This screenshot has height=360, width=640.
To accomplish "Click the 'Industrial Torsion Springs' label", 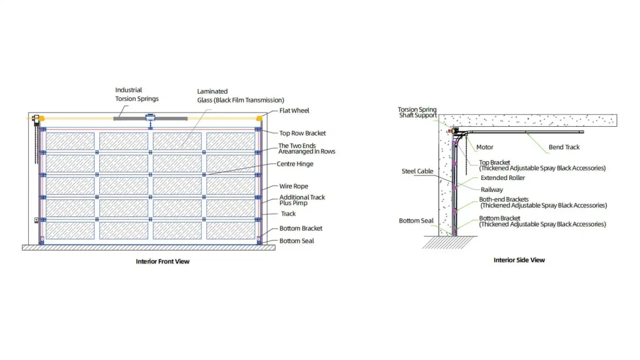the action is coord(137,94).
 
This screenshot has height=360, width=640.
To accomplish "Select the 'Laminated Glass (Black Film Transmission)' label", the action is coord(241,96).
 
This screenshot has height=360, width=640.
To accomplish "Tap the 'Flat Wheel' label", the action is coord(294,111).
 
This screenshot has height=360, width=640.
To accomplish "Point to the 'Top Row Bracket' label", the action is coord(302,133).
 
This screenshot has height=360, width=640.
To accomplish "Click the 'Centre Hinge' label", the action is coord(295,164).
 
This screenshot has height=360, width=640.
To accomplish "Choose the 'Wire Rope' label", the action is coord(294,186).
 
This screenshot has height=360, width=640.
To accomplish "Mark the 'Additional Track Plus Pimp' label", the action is coord(302,200).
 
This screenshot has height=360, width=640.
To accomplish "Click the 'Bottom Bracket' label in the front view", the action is coord(301,228).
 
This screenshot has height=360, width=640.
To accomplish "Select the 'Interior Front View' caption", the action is coord(162,261).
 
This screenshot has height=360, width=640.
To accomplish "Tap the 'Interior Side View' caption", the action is coord(519,260).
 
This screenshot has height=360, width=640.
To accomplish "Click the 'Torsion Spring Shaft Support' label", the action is coord(417,112).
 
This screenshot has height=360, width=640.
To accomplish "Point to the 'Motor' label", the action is coord(485,147).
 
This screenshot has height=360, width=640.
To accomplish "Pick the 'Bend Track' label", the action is coord(564,147).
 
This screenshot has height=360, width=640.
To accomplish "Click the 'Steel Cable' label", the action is coord(417,171).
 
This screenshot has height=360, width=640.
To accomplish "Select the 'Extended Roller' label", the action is coord(503,178).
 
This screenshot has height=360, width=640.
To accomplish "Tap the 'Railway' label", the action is coord(492,190).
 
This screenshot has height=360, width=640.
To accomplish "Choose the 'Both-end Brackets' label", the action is coord(504,199).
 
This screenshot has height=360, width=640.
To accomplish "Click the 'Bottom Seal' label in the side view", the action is coord(416,221).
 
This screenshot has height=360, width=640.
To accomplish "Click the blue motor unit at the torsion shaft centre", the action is coord(150,118).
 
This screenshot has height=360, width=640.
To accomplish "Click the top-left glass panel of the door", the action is coord(70,141).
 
